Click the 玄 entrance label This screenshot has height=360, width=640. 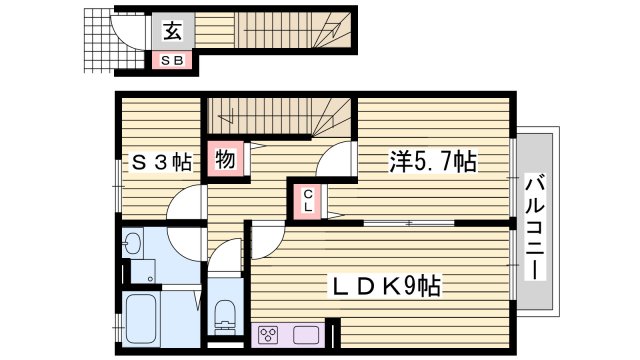[172, 31]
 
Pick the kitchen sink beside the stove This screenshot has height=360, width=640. [305, 334]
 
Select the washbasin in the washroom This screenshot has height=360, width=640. [133, 245]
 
